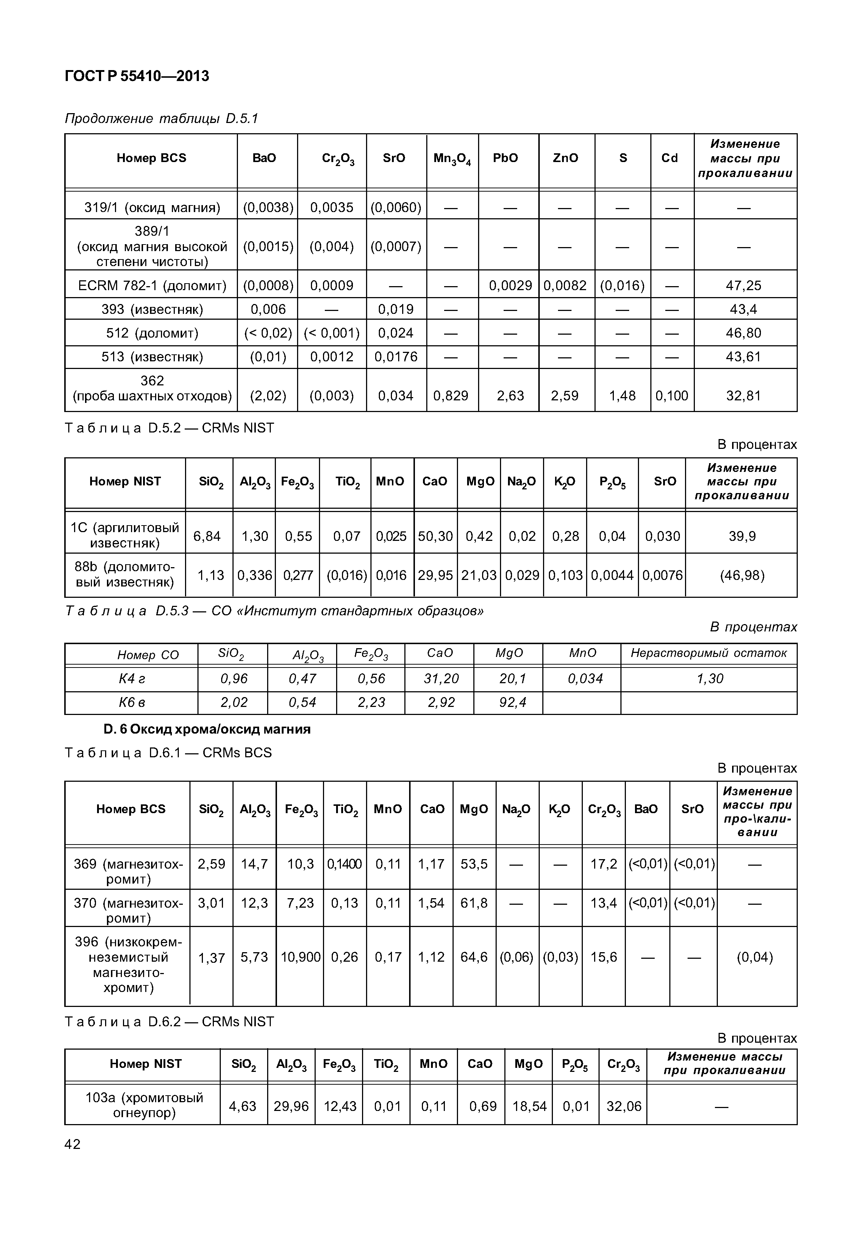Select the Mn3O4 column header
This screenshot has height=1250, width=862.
coord(452,159)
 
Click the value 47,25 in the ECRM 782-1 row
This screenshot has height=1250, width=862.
coord(743,285)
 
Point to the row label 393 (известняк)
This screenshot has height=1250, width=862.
coord(152,309)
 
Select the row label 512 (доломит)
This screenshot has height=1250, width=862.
coord(152,333)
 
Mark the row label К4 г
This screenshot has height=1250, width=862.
coord(132,678)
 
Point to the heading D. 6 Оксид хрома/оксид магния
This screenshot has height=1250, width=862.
coord(207,729)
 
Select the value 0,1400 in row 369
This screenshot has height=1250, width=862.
coord(345,864)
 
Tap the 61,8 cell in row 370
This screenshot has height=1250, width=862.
coord(474,903)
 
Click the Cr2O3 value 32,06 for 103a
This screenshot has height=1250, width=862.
coord(623,1106)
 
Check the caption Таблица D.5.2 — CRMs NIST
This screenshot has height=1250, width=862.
coord(169,428)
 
